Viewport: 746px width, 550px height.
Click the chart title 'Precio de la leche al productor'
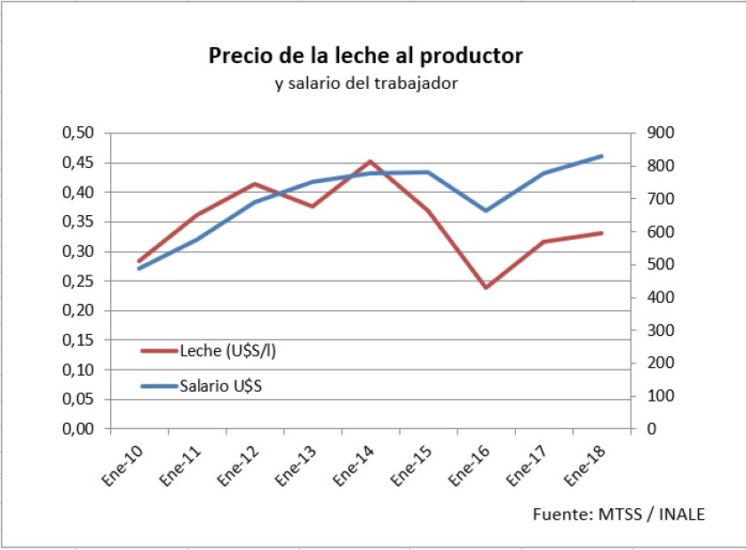366,56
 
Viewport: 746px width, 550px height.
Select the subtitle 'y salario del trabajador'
366,84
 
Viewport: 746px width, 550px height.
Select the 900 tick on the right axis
663,133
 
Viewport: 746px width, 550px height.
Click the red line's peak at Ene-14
369,162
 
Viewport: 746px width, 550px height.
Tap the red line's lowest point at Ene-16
486,288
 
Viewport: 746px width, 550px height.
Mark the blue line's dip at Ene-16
486,211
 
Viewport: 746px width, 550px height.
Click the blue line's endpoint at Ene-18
602,156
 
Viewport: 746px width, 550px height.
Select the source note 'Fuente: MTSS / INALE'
619,514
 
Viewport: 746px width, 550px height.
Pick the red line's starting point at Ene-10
139,261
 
